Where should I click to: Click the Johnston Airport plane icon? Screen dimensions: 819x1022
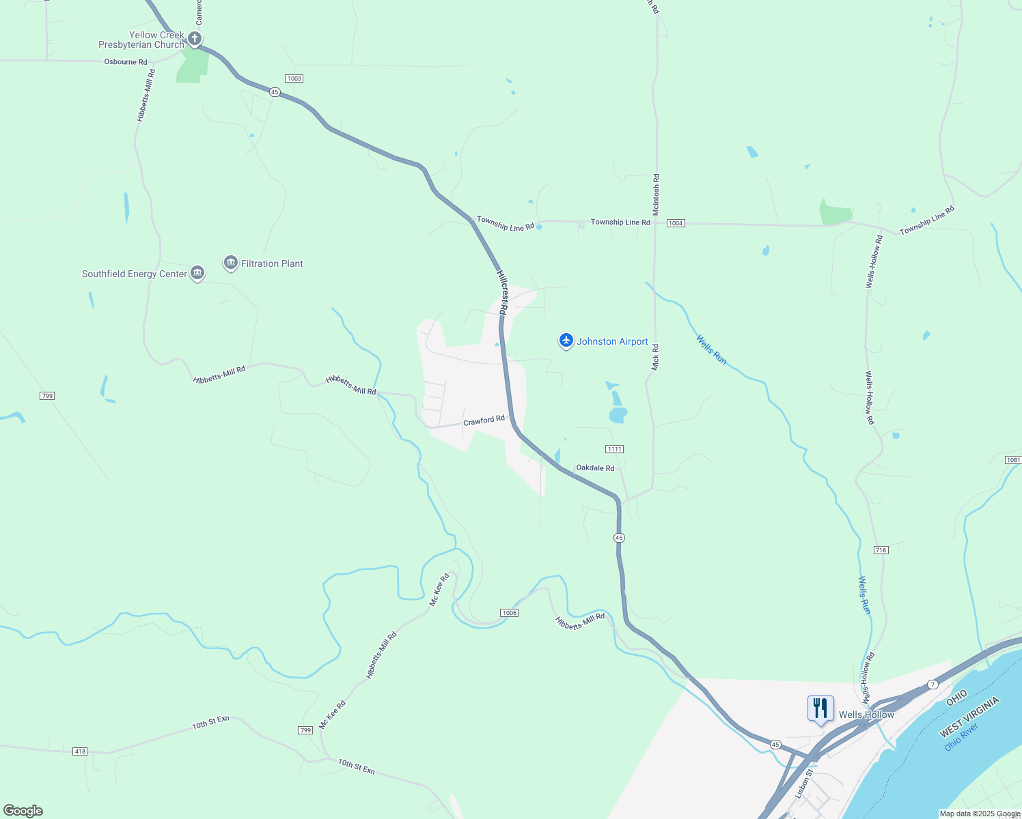point(566,340)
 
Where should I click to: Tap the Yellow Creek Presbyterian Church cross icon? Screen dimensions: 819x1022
point(195,38)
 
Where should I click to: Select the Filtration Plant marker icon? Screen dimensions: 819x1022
point(231,263)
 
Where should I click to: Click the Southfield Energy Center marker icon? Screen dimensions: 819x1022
point(197,273)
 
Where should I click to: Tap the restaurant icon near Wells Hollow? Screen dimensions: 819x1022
point(820,708)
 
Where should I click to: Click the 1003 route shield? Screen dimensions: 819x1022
point(294,78)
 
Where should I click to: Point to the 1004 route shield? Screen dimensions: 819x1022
point(676,223)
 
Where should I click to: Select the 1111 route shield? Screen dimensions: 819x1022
point(614,449)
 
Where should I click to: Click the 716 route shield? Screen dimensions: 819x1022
point(881,550)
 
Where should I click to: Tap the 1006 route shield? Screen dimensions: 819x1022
point(509,613)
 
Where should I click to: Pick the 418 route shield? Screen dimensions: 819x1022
point(80,751)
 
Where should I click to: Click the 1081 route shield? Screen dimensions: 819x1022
point(1013,460)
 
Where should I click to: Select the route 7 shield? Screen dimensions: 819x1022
point(933,684)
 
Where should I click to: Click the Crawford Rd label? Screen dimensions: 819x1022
point(484,421)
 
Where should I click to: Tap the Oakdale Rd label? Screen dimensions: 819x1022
point(595,468)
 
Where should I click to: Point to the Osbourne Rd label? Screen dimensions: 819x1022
point(126,62)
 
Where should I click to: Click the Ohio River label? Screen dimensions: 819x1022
point(961,738)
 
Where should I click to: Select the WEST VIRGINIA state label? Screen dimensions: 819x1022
point(969,717)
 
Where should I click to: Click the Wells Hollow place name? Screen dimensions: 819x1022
point(866,715)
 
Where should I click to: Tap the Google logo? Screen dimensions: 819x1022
point(23,811)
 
